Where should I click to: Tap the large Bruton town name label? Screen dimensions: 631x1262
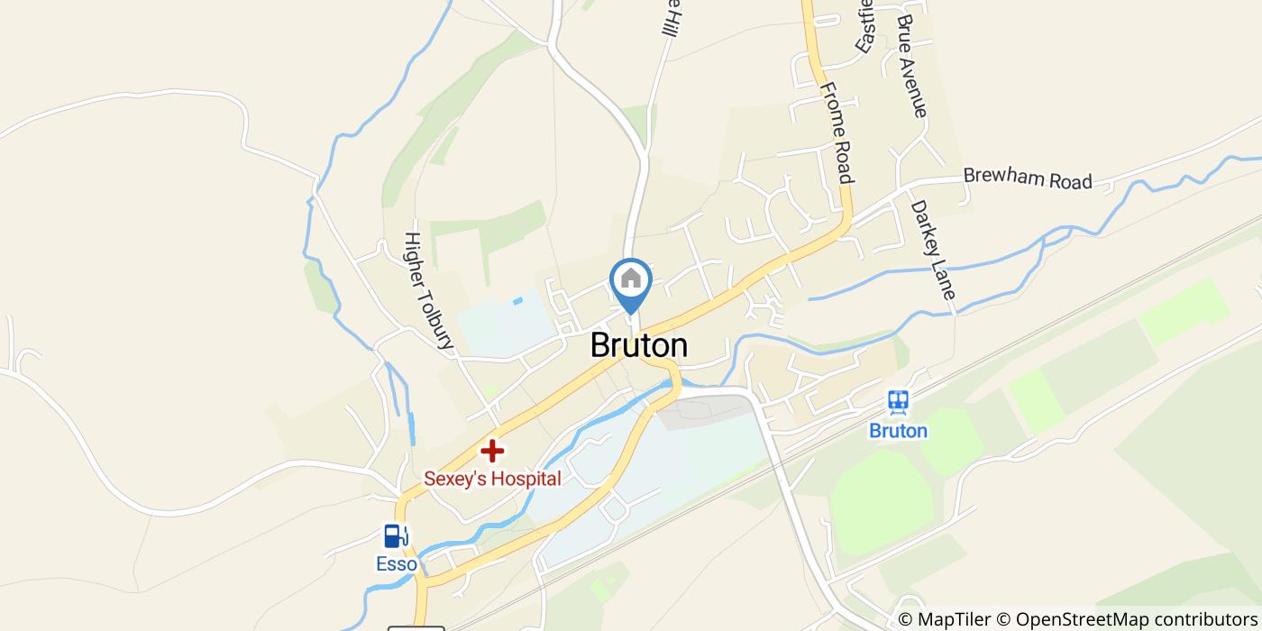638,345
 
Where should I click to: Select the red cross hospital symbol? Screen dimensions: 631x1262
491,450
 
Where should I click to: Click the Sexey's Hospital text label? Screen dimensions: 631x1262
493,479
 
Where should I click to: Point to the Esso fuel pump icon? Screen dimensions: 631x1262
394,536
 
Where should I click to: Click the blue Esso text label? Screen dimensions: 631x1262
397,565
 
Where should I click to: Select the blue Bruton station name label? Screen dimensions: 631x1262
898,431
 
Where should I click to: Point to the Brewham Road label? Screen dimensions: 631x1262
1028,178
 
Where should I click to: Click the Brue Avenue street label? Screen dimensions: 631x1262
912,65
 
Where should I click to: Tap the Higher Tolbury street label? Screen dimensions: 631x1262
427,290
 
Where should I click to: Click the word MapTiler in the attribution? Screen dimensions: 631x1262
954,619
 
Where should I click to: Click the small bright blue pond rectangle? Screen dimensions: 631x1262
517,301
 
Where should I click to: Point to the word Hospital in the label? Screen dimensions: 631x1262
527,479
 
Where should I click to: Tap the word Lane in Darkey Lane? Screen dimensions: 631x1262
945,282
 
